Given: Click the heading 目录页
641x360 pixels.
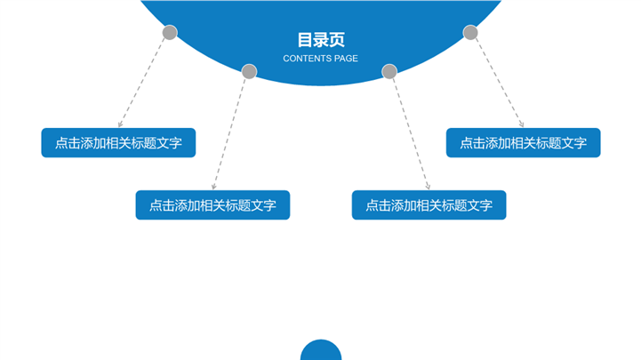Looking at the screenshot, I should tap(321, 40).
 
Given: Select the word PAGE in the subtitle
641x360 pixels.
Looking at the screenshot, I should tap(347, 59).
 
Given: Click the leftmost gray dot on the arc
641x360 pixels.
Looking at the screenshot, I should tap(170, 33).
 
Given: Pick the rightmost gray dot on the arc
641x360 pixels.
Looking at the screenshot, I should tap(470, 33).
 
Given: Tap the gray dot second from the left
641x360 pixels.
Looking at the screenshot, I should tap(250, 71).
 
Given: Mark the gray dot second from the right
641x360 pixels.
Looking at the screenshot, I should tap(389, 71).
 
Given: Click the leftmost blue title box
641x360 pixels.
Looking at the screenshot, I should tap(118, 143).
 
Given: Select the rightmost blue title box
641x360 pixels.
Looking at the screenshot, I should tap(523, 143).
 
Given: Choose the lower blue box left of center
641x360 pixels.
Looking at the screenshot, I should tap(212, 205).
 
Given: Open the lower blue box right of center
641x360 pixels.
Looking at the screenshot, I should tap(429, 205).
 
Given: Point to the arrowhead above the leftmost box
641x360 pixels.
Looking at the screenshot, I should tap(120, 124).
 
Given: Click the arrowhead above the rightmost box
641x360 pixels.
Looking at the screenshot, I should tap(521, 124).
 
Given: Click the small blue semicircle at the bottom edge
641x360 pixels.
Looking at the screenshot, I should tap(321, 351).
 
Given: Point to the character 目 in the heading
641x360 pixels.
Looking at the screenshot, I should tap(305, 40).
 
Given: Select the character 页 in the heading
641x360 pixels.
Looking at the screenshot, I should tap(337, 40).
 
